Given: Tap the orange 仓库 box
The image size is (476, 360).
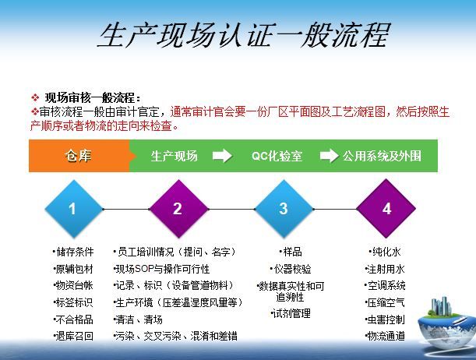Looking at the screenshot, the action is click(79, 156).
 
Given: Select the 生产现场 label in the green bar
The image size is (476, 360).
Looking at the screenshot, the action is click(175, 156).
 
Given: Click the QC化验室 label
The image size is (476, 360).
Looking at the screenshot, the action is click(277, 156).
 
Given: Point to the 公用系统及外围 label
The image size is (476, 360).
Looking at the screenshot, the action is click(382, 156).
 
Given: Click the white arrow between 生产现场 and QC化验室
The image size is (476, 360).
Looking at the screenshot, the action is click(223, 156).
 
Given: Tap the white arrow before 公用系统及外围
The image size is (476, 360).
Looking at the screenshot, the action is click(330, 156).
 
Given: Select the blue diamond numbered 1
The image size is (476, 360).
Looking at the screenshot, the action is click(74, 209).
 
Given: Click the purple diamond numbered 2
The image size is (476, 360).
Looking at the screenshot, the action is click(179, 209).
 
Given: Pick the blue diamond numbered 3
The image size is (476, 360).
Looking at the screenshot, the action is click(284, 209).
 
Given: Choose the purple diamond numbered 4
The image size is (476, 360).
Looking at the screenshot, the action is click(386, 209).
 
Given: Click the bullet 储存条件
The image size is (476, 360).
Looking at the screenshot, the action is click(73, 252).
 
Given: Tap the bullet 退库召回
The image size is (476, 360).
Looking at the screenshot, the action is click(73, 336).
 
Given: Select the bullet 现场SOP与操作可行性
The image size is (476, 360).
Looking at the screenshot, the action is click(161, 269).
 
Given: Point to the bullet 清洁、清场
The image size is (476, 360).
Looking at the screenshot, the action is click(138, 319).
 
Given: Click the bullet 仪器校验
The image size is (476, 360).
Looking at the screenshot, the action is click(291, 269).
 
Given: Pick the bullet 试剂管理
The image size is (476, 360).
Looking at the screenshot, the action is click(291, 313).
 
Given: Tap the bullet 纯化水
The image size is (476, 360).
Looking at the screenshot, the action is click(385, 252).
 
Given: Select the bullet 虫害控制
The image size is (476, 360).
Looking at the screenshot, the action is click(385, 319).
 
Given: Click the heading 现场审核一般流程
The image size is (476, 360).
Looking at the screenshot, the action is click(93, 97).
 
